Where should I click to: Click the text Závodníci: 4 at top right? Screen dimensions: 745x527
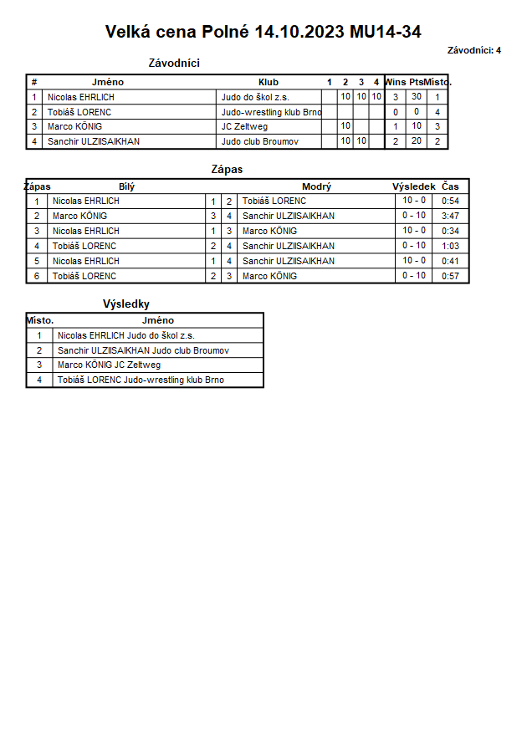point(474,50)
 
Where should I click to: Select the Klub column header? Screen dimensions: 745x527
point(269,82)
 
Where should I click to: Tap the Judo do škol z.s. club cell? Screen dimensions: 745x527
point(255,97)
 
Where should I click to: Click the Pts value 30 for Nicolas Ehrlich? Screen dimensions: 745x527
point(416,97)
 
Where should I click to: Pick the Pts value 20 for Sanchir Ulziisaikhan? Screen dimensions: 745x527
point(416,141)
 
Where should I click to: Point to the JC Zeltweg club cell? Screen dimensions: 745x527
point(244,126)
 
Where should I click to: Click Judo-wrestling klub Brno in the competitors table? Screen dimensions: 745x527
point(271,112)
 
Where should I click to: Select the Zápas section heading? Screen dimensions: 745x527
point(227,170)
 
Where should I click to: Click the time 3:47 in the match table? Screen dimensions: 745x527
point(451,216)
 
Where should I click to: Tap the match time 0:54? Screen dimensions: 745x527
point(451,201)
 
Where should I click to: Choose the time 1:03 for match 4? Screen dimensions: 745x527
point(451,246)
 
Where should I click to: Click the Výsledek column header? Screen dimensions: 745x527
point(413,186)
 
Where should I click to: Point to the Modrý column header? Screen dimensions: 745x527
point(316,186)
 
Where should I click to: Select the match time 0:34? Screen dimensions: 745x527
point(451,231)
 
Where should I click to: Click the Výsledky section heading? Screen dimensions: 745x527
point(126,304)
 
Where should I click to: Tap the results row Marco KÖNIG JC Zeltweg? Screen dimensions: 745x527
point(109,365)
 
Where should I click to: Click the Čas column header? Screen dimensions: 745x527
point(451,186)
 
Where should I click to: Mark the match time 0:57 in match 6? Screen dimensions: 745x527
point(451,276)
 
